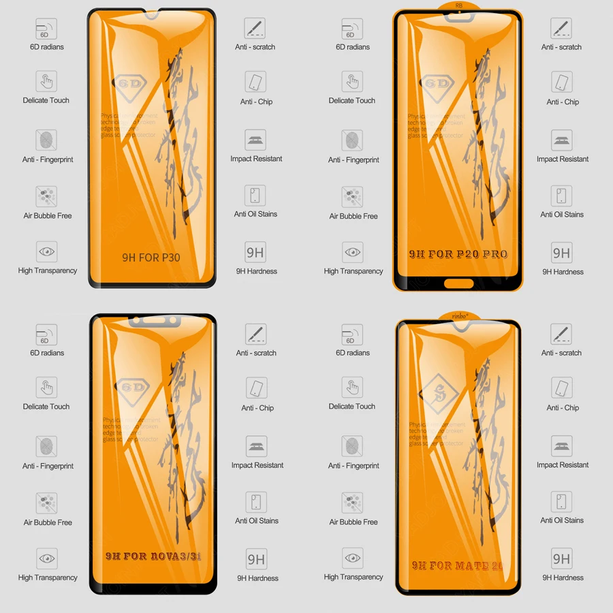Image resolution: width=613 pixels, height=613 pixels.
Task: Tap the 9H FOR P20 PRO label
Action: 458,254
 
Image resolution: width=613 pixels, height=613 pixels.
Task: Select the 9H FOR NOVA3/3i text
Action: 153,556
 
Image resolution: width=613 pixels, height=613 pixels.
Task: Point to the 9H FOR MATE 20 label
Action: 457,565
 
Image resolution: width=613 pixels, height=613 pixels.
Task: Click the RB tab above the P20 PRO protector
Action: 457,5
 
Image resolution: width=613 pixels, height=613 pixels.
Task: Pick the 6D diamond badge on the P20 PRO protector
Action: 439,84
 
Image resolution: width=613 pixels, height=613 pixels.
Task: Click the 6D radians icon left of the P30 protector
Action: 47,29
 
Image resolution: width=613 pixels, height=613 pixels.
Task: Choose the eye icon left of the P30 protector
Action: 46,252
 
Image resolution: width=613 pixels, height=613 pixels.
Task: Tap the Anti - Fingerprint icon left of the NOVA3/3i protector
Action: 47,447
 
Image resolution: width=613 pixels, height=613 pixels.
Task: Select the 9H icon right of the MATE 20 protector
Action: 562,559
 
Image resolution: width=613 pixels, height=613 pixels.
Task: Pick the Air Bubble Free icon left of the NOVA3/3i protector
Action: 46,503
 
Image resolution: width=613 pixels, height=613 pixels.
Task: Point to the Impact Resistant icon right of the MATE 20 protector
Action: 562,446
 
